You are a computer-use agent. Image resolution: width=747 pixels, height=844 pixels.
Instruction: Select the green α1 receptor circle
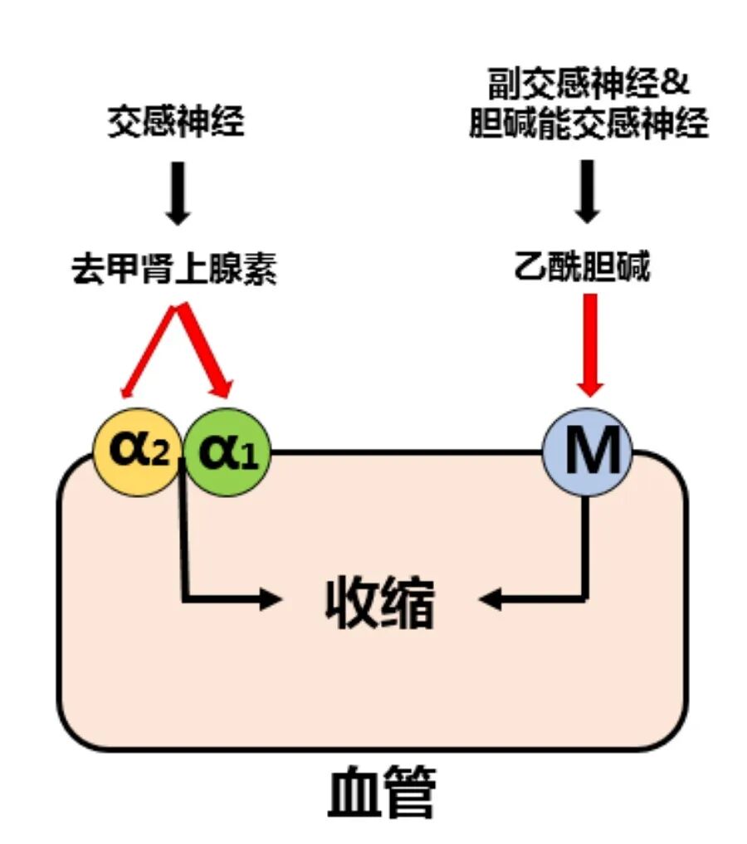click(227, 453)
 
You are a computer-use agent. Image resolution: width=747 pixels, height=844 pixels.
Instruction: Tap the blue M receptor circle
click(588, 453)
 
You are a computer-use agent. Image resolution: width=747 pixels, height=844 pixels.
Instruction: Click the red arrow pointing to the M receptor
click(590, 344)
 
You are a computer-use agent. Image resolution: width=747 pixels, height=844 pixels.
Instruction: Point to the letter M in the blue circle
click(588, 453)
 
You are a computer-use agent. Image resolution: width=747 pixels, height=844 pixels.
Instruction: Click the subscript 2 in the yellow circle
click(159, 459)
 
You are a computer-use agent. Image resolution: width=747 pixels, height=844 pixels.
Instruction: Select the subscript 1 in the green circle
click(248, 459)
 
